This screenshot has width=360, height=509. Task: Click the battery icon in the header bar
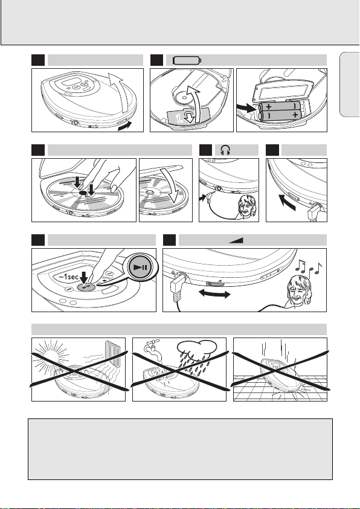click(187, 60)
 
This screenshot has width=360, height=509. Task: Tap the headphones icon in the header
click(225, 150)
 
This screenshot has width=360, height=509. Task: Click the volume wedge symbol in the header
click(236, 240)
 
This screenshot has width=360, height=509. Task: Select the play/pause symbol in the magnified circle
click(141, 267)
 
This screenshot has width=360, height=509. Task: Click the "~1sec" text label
click(68, 277)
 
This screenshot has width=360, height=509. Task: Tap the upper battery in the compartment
click(280, 106)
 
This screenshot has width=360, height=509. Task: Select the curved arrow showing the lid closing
click(172, 185)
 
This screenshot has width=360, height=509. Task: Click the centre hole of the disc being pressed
click(83, 193)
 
